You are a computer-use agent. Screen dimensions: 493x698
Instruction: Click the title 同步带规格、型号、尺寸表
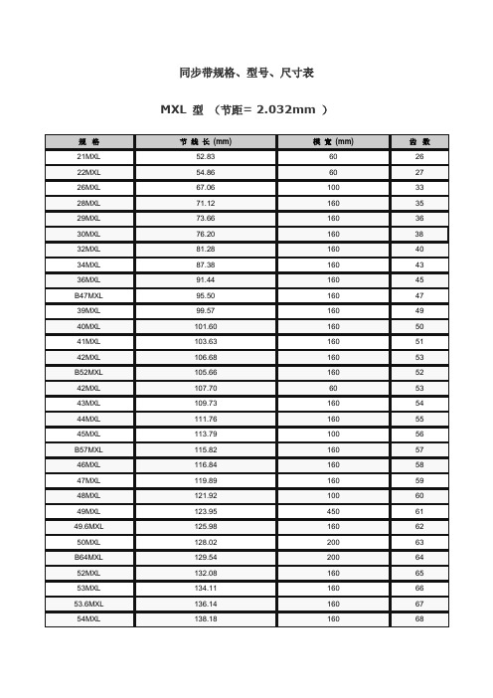[x=246, y=75]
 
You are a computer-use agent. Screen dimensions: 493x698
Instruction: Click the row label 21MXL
[x=87, y=157]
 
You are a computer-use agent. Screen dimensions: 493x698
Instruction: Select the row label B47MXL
[x=87, y=295]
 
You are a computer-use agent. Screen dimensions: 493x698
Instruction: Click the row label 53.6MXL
[x=87, y=604]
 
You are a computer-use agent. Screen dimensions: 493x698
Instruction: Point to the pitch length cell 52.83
[x=205, y=157]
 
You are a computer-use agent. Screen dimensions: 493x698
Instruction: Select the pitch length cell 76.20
[x=205, y=234]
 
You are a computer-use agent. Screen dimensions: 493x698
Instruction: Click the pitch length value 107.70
[x=205, y=388]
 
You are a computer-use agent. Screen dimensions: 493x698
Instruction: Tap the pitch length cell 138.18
[x=205, y=619]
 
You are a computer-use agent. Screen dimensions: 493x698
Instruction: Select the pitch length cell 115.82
[x=205, y=449]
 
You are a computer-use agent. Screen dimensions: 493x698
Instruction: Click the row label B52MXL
[x=87, y=372]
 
